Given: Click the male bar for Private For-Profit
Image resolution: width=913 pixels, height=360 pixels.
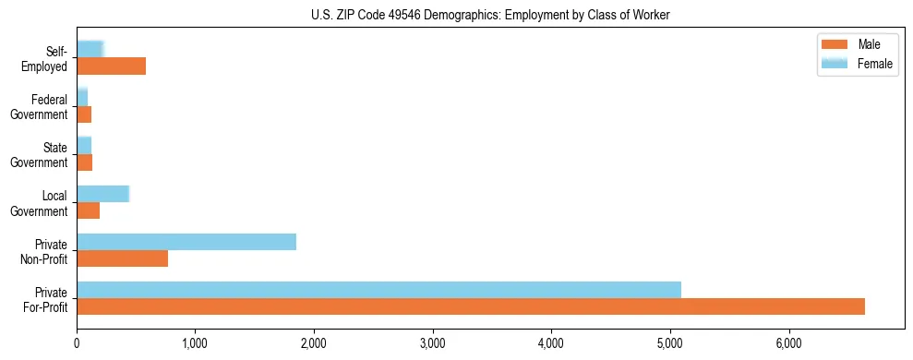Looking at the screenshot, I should [471, 306].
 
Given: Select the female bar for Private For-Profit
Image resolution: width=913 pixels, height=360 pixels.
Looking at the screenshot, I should [378, 290].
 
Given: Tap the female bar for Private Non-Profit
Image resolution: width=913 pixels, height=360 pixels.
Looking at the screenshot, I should [186, 242].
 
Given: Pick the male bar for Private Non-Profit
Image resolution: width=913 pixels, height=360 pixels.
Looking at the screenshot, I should [122, 258].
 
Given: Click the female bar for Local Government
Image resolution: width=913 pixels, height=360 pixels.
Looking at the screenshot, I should [102, 194].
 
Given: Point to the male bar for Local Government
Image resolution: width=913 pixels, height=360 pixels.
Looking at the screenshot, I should [88, 210].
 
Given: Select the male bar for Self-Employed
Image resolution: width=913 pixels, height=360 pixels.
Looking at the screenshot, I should [111, 66].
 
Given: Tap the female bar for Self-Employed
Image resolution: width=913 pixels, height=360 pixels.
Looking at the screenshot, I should [90, 49].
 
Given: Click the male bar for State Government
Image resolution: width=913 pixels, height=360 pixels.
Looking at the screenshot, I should [84, 162].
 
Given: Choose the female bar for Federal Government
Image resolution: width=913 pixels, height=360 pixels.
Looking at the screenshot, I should [82, 97].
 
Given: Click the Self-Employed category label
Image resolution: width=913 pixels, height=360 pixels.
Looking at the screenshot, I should [48, 59].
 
